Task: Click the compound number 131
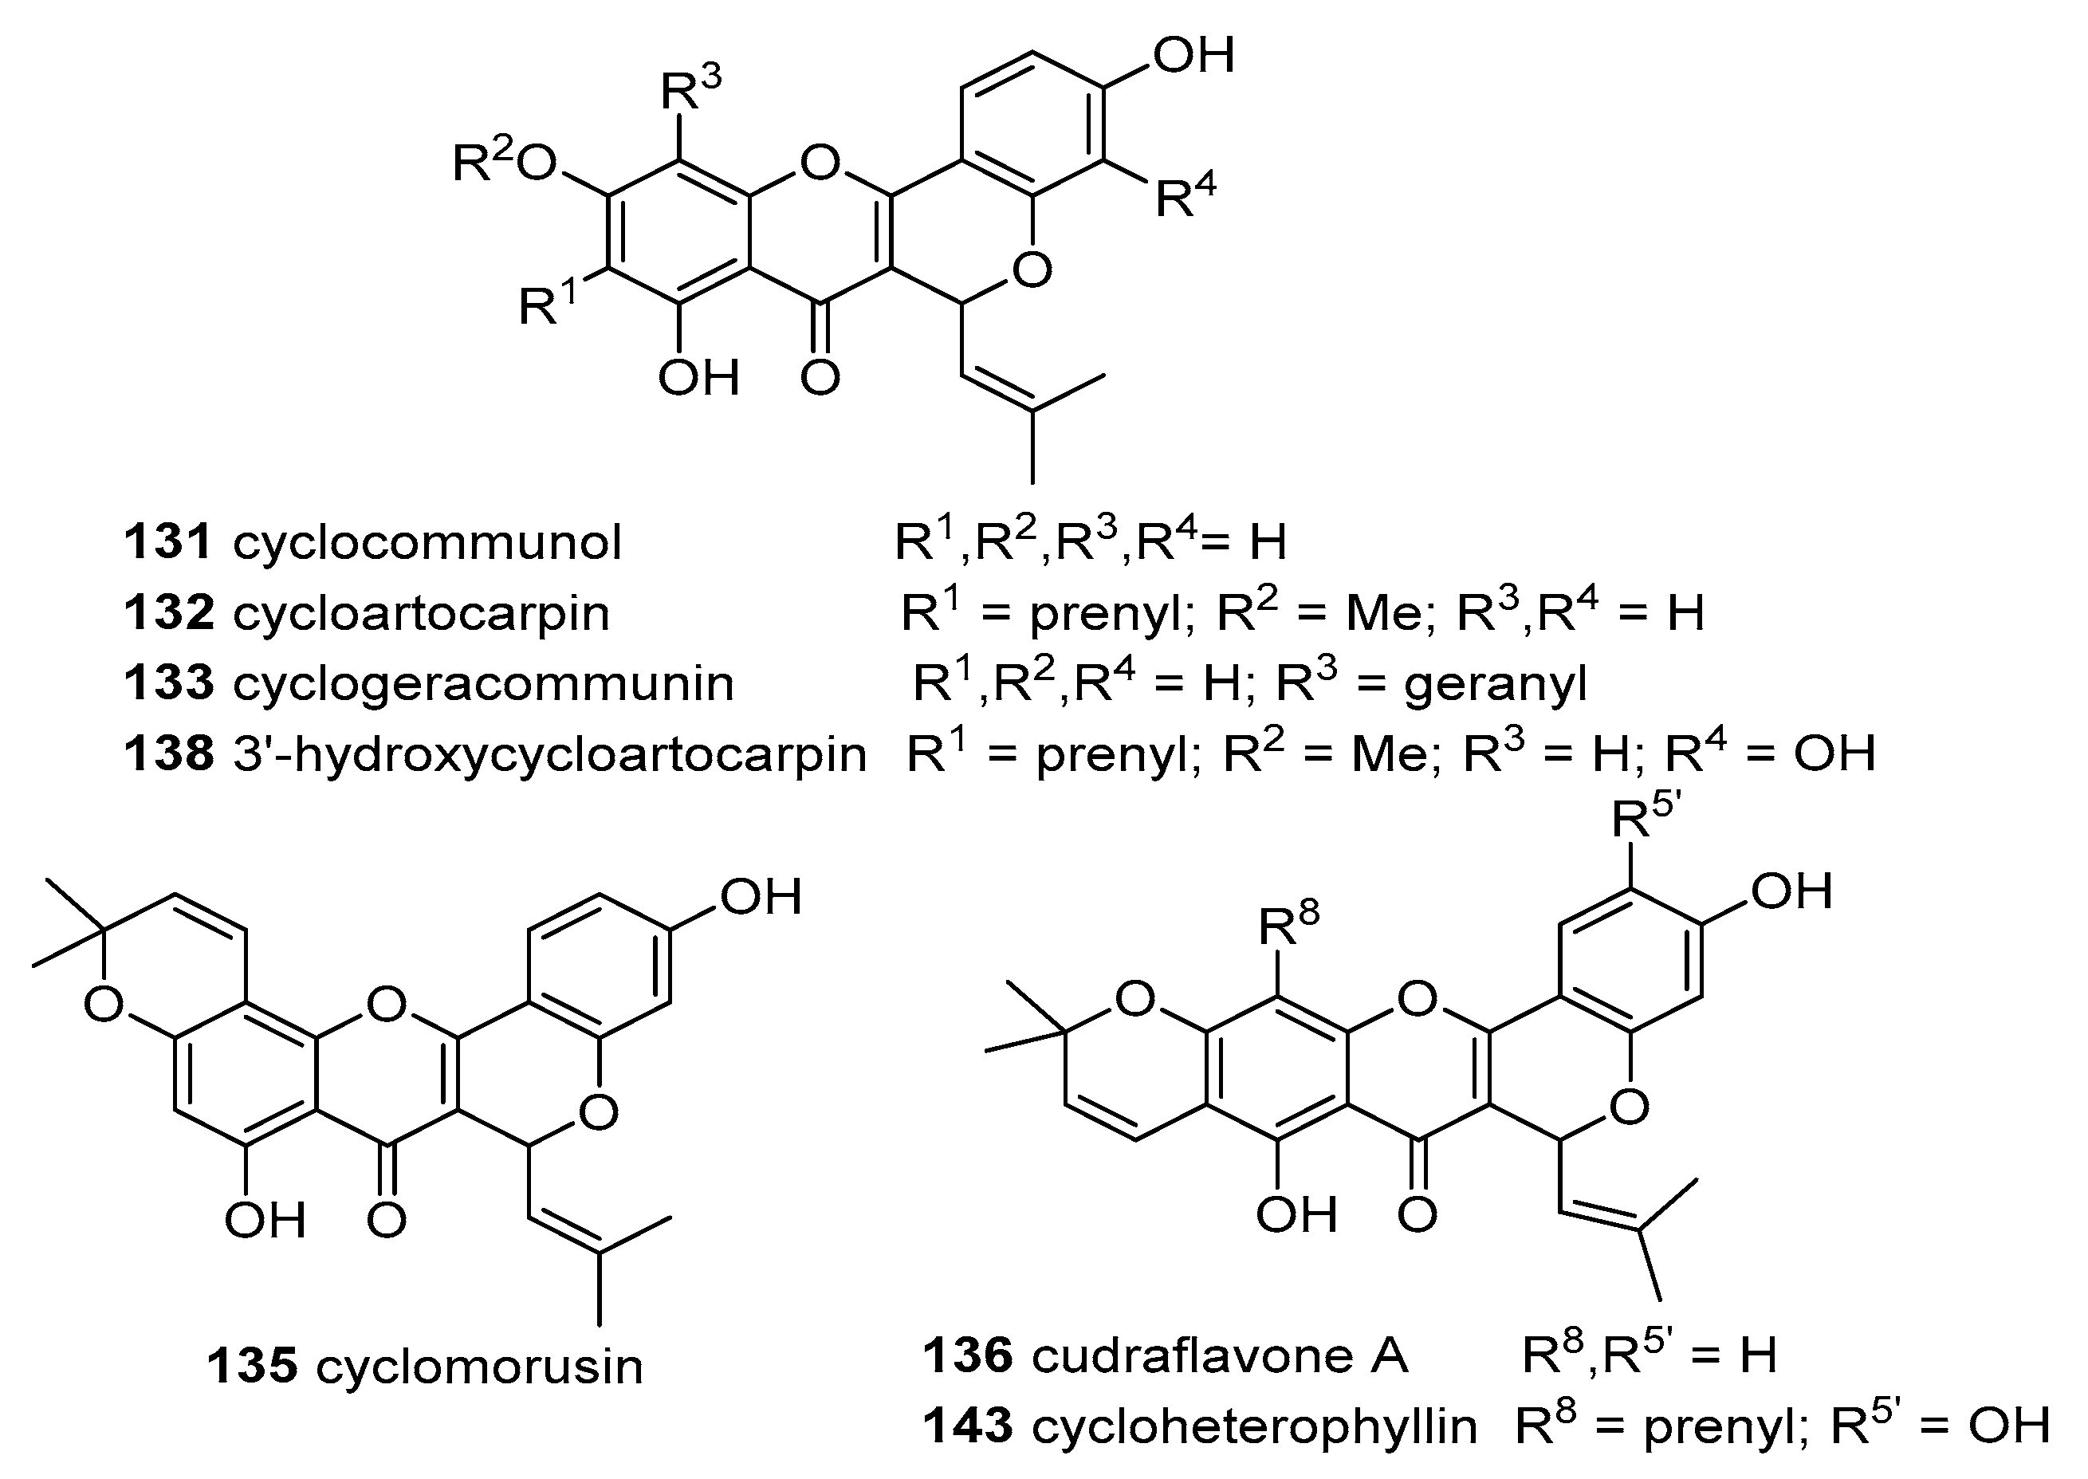tap(167, 543)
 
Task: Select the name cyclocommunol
tap(427, 543)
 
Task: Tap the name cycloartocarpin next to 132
tap(421, 613)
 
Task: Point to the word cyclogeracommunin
tap(482, 683)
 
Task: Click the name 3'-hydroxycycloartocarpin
tap(549, 755)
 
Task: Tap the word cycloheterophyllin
tap(1254, 1426)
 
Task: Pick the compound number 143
tap(967, 1426)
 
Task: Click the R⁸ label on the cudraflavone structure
tap(1288, 923)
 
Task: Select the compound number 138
tap(167, 755)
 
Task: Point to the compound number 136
tap(967, 1355)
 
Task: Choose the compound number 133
tap(167, 683)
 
